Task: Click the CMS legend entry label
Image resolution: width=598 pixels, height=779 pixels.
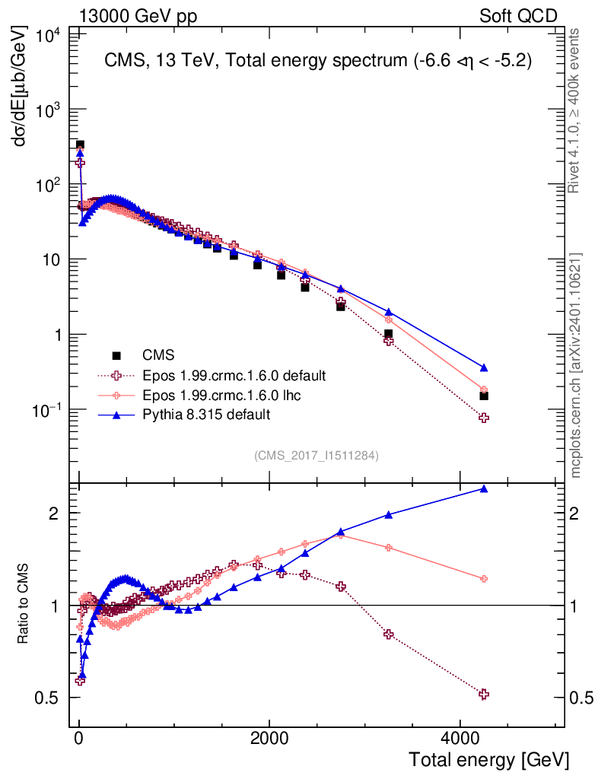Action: pyautogui.click(x=158, y=355)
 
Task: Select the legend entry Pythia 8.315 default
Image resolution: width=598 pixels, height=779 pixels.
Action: pyautogui.click(x=205, y=415)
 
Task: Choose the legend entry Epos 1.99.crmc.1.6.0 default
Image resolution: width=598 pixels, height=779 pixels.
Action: pyautogui.click(x=234, y=375)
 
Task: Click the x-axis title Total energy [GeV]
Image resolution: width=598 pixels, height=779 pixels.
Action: pyautogui.click(x=488, y=759)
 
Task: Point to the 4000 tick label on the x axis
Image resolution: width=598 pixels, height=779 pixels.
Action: pyautogui.click(x=460, y=738)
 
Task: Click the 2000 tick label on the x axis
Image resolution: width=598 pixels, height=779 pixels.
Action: pyautogui.click(x=269, y=738)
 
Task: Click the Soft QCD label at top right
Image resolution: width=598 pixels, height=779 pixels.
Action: pyautogui.click(x=518, y=16)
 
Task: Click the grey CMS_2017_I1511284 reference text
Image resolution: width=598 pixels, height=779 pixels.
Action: pyautogui.click(x=316, y=455)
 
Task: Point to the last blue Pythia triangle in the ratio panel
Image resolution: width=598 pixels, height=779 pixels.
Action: pyautogui.click(x=484, y=488)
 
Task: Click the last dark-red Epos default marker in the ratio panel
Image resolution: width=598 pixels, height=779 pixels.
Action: pyautogui.click(x=484, y=694)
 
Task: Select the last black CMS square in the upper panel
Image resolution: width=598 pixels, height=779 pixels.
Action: pyautogui.click(x=484, y=396)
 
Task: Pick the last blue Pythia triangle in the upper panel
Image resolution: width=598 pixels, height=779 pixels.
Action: pyautogui.click(x=484, y=368)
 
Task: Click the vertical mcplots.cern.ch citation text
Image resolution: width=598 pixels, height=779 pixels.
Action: pyautogui.click(x=576, y=365)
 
